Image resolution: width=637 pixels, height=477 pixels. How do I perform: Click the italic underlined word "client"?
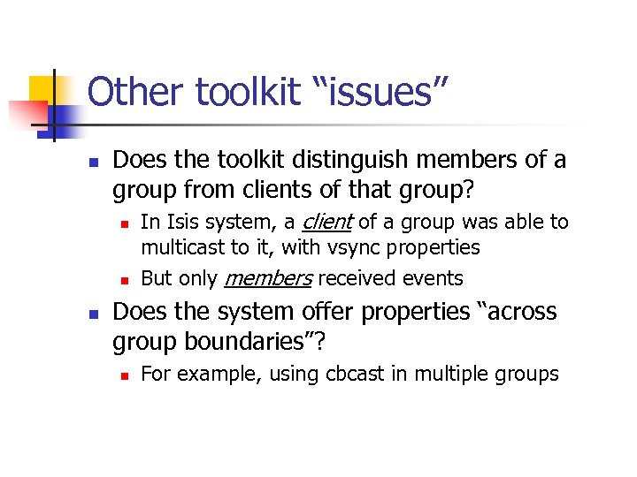click(326, 222)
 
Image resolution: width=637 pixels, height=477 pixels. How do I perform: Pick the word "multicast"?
click(183, 247)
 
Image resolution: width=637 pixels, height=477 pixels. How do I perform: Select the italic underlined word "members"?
click(267, 278)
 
